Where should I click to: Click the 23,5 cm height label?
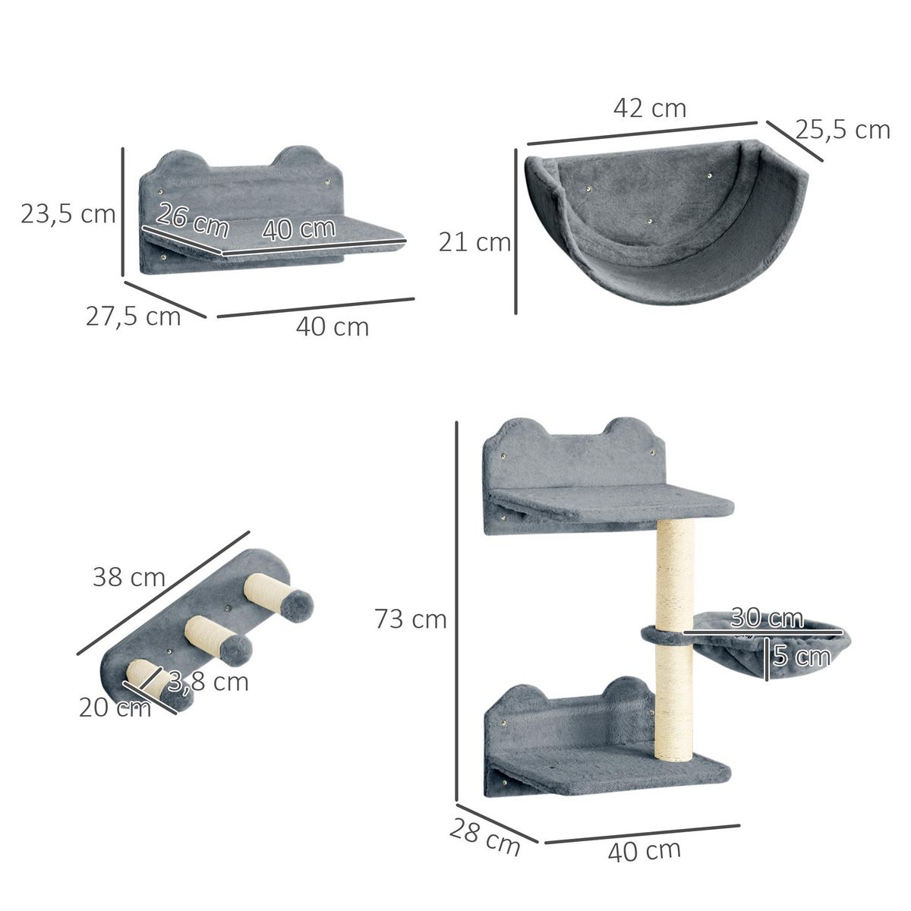(68, 214)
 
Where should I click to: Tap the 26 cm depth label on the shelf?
(191, 220)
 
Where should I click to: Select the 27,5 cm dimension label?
(133, 315)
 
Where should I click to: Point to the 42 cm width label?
(649, 109)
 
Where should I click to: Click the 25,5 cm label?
(843, 130)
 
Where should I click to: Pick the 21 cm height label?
(474, 242)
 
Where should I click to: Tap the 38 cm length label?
(129, 578)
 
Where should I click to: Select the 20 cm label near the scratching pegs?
(115, 708)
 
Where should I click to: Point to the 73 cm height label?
(410, 619)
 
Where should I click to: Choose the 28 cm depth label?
(484, 836)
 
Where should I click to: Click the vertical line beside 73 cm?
(457, 611)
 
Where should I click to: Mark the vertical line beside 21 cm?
(516, 231)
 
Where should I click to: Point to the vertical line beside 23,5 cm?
(123, 213)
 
